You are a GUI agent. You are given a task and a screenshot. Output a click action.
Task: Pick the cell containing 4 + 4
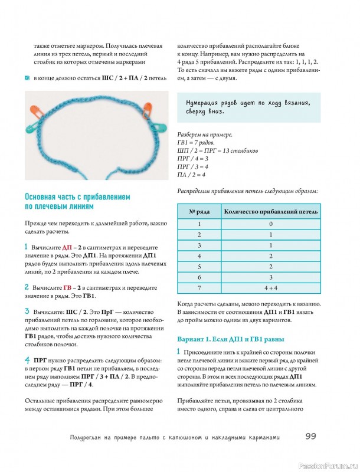[270, 287]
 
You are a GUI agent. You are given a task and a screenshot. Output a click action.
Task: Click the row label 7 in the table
[199, 287]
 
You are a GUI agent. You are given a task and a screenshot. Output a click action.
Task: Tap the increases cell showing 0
[270, 224]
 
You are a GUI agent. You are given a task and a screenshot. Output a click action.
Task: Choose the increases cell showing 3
[270, 277]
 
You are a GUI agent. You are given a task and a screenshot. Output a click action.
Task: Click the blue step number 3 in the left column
[27, 310]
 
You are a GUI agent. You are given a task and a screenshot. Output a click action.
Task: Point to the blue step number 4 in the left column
[27, 360]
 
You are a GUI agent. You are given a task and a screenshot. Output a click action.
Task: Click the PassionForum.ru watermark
[328, 464]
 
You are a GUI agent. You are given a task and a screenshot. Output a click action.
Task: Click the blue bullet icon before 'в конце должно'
[27, 78]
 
